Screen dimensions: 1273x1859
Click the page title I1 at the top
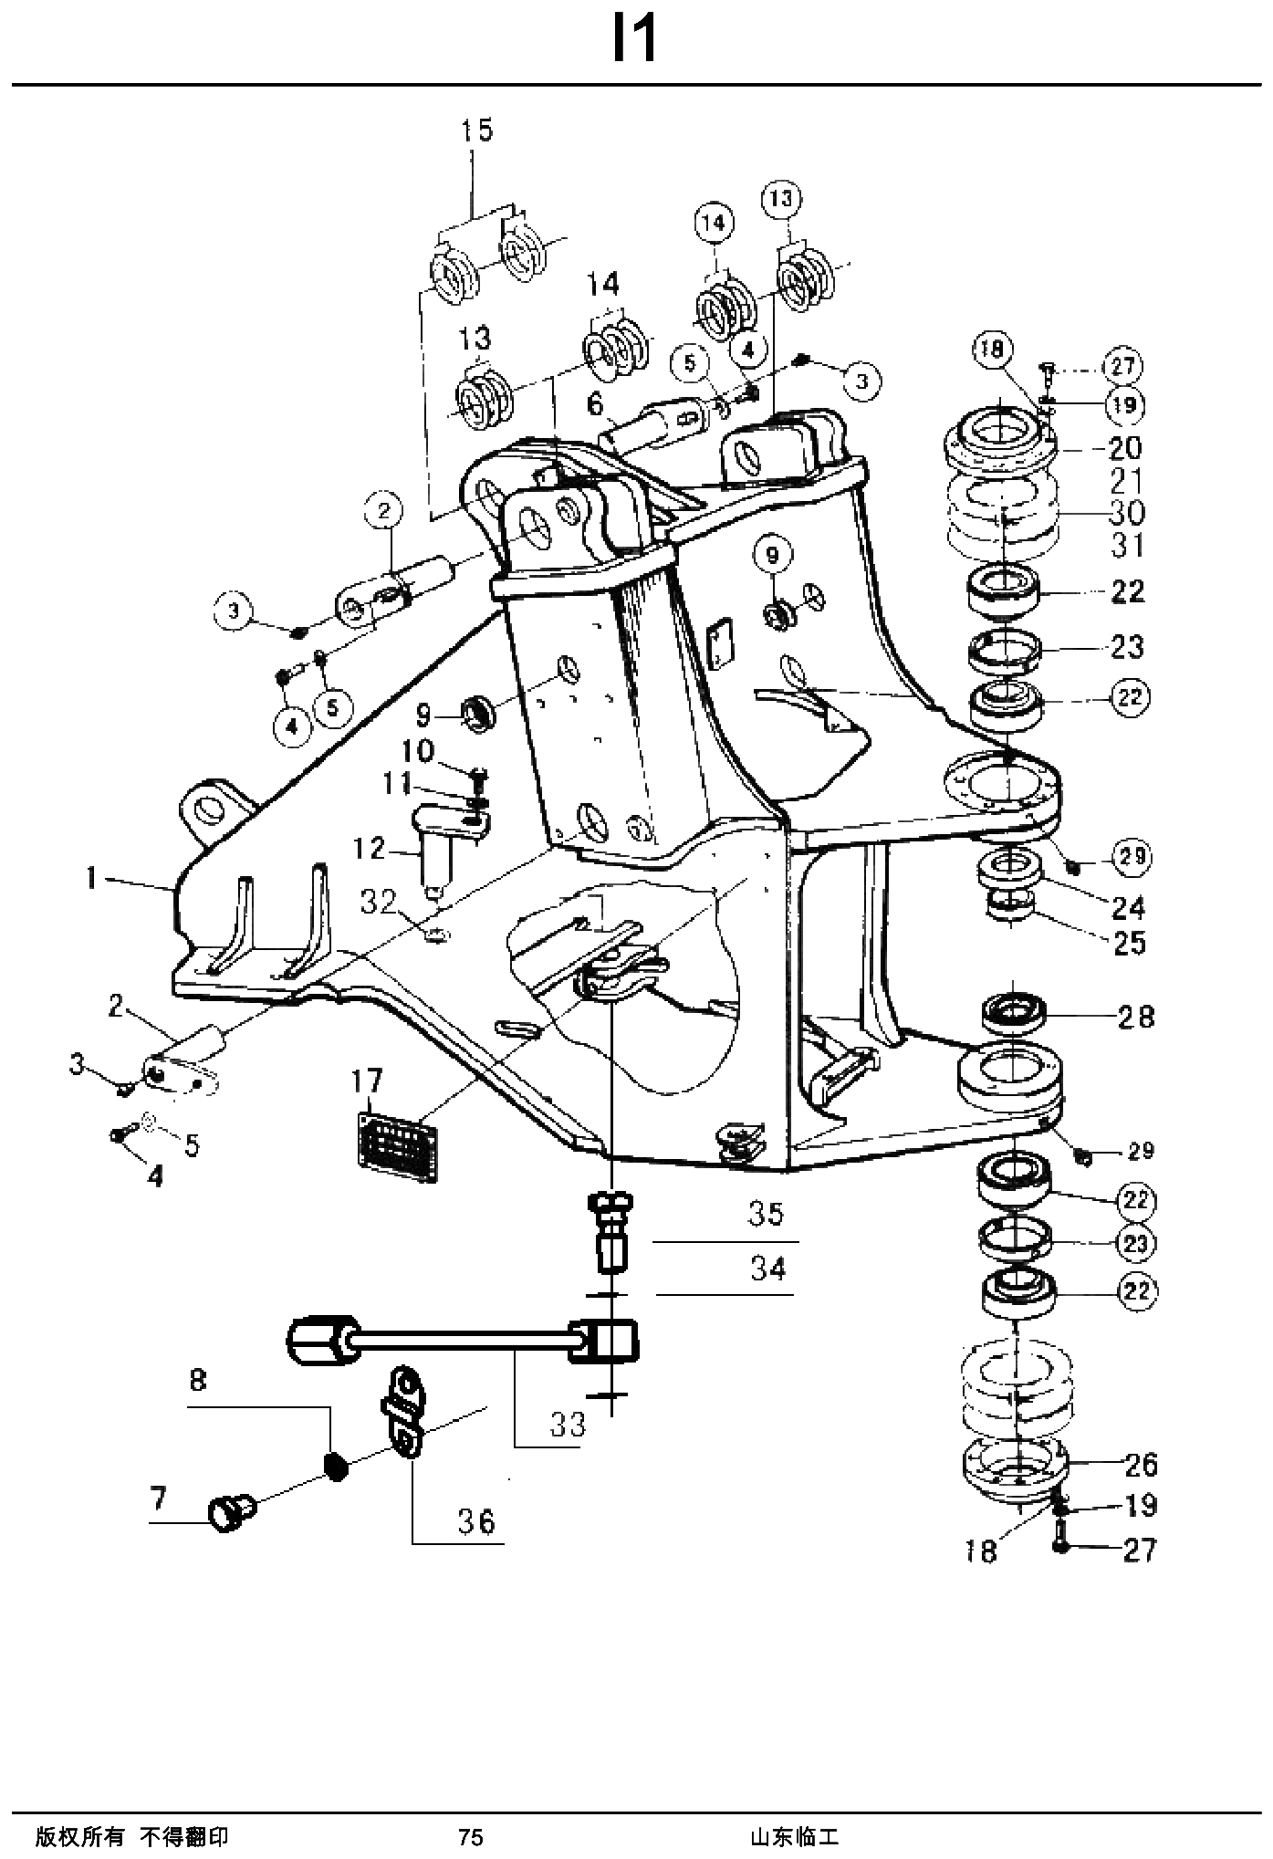(634, 41)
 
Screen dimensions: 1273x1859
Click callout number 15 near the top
(475, 131)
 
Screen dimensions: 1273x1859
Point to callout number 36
(477, 1521)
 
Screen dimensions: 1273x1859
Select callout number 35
(766, 1215)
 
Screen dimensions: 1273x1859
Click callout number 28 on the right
(1136, 1016)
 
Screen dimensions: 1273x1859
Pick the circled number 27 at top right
(1122, 366)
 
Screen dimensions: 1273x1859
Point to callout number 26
(1140, 1465)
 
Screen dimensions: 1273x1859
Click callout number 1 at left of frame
(90, 878)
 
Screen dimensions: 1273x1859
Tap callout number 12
(370, 849)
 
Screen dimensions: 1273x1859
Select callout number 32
(378, 903)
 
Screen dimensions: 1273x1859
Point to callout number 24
(1129, 907)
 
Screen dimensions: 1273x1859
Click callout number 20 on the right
(1125, 448)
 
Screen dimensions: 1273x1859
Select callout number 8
(198, 1381)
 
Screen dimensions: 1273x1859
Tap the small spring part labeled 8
(338, 1467)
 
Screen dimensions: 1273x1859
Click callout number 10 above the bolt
(419, 753)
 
